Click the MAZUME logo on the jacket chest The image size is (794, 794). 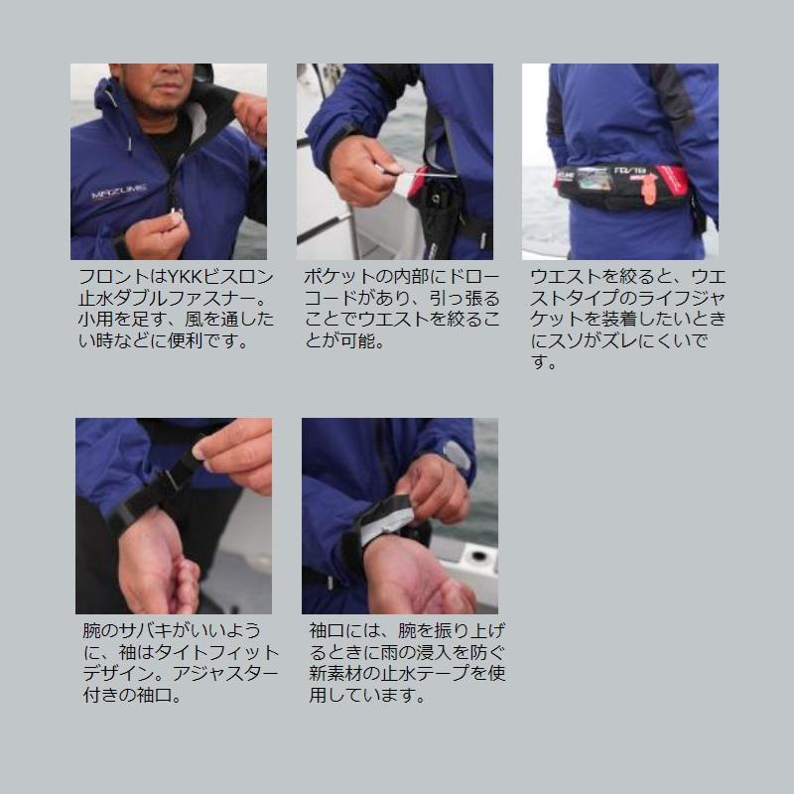click(119, 192)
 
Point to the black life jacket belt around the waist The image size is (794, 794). click(623, 188)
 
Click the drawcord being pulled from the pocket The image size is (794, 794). click(420, 173)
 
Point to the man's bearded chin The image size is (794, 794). click(162, 104)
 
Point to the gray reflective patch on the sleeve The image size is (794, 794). click(457, 457)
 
